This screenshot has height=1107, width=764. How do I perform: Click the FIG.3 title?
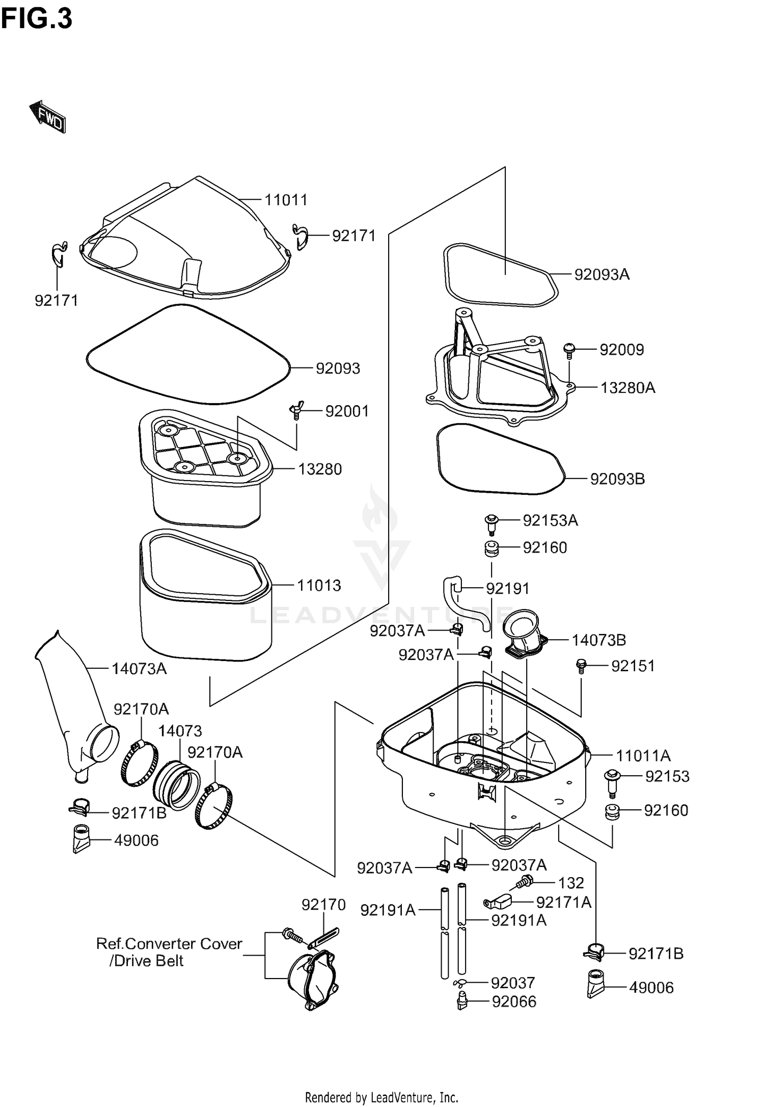click(37, 20)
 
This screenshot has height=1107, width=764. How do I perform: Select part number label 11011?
click(286, 200)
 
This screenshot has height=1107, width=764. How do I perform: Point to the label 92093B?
click(617, 479)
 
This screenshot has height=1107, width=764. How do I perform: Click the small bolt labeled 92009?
click(569, 350)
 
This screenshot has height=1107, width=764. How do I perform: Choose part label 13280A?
click(627, 388)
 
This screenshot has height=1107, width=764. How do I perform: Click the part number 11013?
click(319, 585)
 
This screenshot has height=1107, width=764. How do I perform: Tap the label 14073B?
click(598, 640)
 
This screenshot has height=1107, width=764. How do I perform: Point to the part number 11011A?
click(643, 755)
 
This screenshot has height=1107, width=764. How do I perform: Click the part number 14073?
click(180, 731)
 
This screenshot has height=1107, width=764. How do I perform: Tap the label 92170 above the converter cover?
click(323, 905)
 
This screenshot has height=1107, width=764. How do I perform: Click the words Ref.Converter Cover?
click(169, 943)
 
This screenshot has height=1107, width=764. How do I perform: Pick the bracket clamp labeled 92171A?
click(497, 903)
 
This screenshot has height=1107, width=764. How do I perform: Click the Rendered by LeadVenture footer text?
click(381, 1097)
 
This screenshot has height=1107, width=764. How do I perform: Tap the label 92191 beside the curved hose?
click(507, 589)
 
